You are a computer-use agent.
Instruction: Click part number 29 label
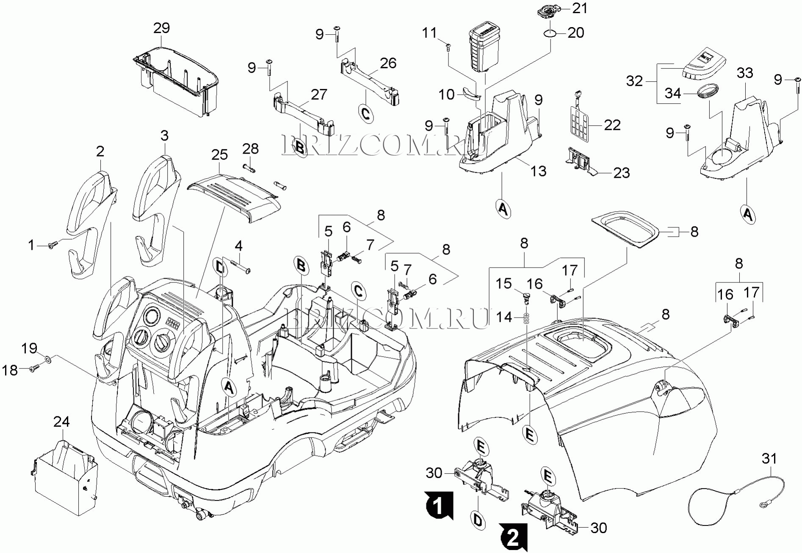pyautogui.click(x=161, y=28)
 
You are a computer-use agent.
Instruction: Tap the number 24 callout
pyautogui.click(x=61, y=421)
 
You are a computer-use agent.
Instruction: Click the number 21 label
pyautogui.click(x=580, y=8)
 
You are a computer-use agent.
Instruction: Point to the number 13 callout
pyautogui.click(x=538, y=171)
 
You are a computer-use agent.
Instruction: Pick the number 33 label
pyautogui.click(x=745, y=73)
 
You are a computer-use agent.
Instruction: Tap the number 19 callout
pyautogui.click(x=30, y=348)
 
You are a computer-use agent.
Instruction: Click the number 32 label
pyautogui.click(x=634, y=81)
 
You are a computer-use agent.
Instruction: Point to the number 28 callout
pyautogui.click(x=250, y=149)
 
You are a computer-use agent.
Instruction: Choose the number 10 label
pyautogui.click(x=445, y=94)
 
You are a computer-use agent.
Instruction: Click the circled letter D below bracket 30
pyautogui.click(x=478, y=520)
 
